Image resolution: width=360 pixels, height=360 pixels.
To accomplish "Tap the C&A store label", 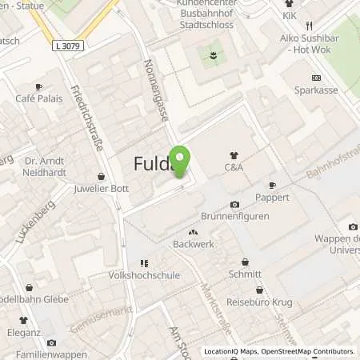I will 234,169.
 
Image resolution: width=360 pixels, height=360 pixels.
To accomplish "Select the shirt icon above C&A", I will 234,155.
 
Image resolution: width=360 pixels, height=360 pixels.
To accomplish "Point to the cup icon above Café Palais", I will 38,86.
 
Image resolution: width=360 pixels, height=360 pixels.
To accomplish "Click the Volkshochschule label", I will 143,275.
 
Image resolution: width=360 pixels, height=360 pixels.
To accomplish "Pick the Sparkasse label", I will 316,91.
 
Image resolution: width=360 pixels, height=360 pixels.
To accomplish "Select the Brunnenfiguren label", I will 234,217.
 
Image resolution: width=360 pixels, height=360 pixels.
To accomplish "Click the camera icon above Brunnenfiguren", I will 234,204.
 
